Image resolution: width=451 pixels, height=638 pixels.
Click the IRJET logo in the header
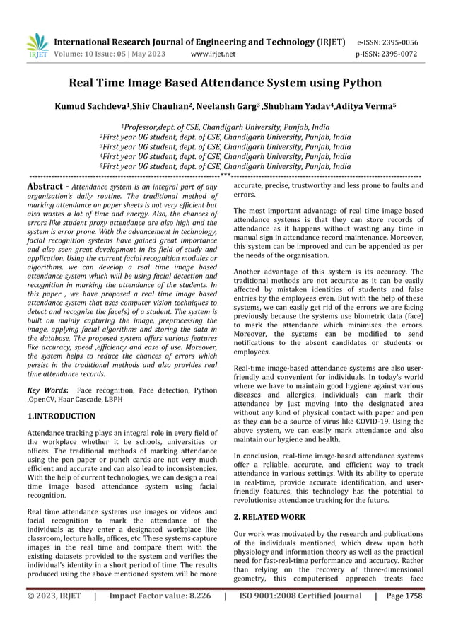click(x=37, y=46)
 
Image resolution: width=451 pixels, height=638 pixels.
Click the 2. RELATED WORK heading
click(x=269, y=517)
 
